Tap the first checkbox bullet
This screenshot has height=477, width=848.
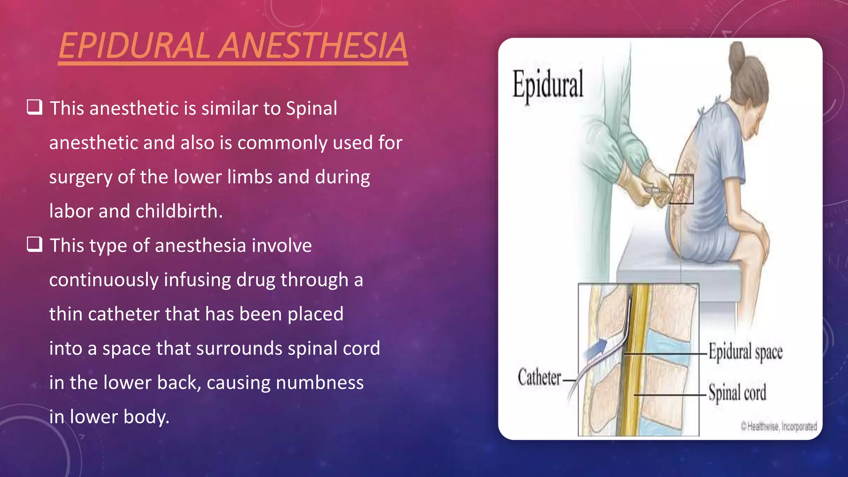[34, 107]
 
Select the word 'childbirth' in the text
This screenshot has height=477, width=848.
[179, 211]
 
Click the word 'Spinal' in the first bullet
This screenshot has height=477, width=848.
[311, 108]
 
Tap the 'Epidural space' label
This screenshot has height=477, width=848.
[745, 352]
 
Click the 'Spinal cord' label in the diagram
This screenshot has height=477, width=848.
[737, 392]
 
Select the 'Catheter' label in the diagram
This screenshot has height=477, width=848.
[540, 378]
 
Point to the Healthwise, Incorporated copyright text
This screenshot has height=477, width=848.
[779, 426]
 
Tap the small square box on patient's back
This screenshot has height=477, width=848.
[681, 189]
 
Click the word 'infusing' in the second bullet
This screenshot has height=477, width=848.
[197, 280]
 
